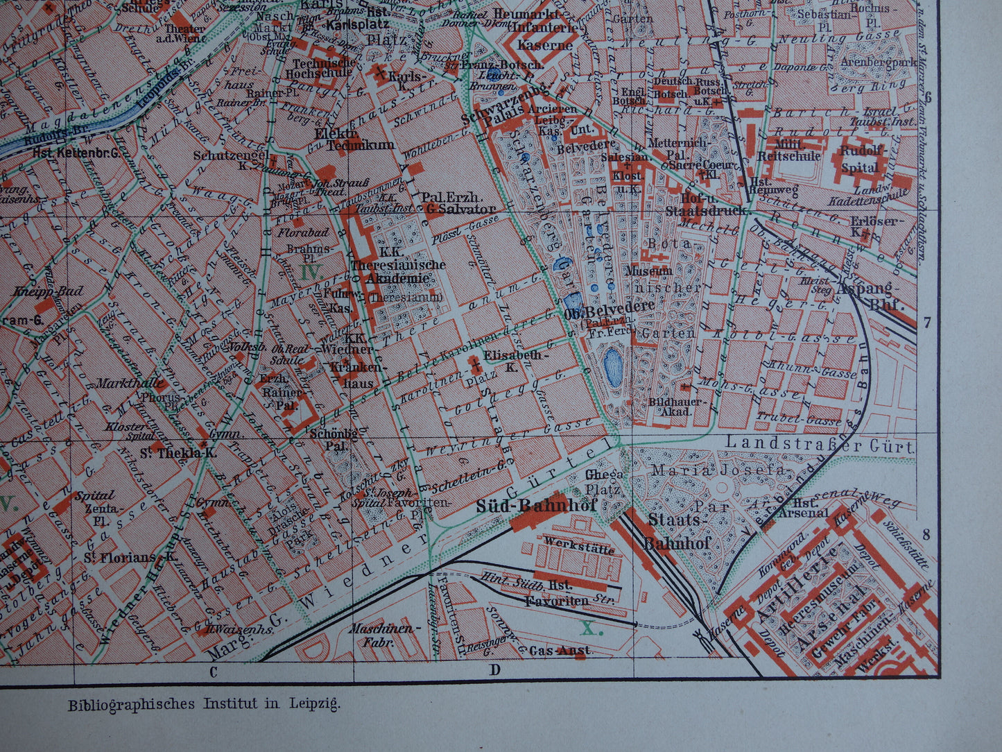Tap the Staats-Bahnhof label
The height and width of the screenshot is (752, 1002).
[678, 531]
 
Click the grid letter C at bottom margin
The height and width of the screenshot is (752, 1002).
[213, 671]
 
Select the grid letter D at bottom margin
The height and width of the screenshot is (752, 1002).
[495, 670]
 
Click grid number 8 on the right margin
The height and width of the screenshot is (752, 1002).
[926, 535]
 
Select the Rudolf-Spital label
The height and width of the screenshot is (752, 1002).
[862, 159]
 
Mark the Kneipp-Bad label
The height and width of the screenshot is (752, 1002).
[47, 291]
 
